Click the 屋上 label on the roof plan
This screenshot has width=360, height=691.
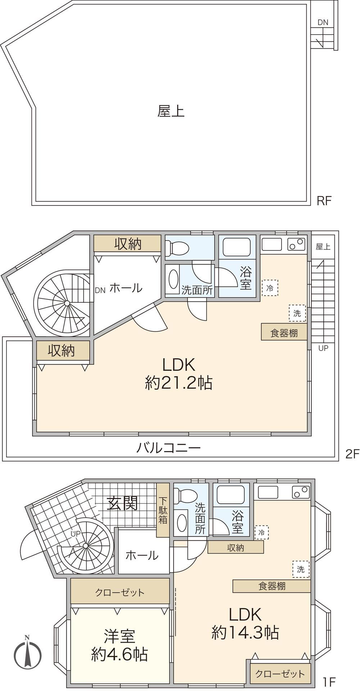pyautogui.click(x=171, y=112)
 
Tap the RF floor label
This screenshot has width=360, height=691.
pyautogui.click(x=324, y=201)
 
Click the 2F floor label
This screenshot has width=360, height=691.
pyautogui.click(x=352, y=454)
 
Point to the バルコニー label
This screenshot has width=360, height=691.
pyautogui.click(x=168, y=448)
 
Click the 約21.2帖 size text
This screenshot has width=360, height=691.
pyautogui.click(x=179, y=383)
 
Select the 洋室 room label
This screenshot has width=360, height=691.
pyautogui.click(x=120, y=637)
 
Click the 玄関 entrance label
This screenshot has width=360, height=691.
pyautogui.click(x=122, y=503)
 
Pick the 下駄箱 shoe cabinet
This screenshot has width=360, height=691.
pyautogui.click(x=163, y=510)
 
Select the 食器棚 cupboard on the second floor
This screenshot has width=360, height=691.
pyautogui.click(x=284, y=332)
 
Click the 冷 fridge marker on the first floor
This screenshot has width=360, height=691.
pyautogui.click(x=261, y=533)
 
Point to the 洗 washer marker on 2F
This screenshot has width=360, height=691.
pyautogui.click(x=297, y=313)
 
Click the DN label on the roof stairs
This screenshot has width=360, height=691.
pyautogui.click(x=323, y=22)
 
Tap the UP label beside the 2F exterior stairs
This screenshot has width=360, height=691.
pyautogui.click(x=323, y=348)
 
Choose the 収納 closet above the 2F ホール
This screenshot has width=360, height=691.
pyautogui.click(x=128, y=244)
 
